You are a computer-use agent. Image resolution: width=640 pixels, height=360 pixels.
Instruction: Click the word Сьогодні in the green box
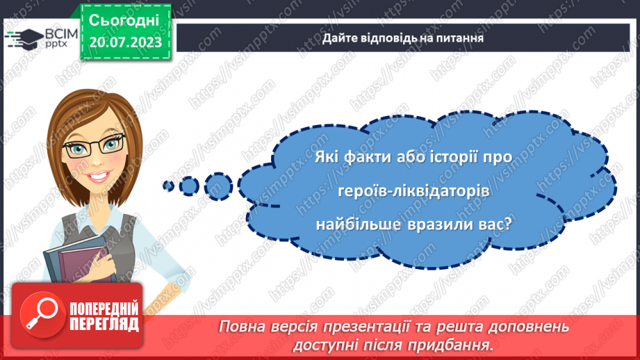[x=124, y=20]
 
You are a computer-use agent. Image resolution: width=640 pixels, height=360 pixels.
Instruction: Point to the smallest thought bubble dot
[x=167, y=186]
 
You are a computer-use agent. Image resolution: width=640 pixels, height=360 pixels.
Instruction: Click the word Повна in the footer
[x=241, y=327]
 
